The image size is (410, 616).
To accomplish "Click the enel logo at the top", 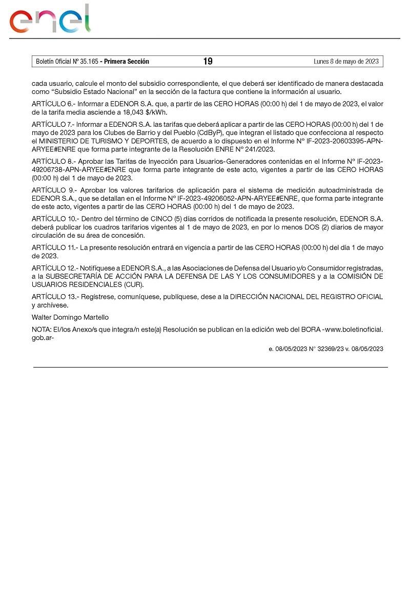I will (50, 19).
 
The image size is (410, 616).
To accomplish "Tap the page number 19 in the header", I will (208, 62).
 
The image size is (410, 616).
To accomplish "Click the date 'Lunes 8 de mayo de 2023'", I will (346, 62).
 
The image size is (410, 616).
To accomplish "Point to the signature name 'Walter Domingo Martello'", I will (70, 317).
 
